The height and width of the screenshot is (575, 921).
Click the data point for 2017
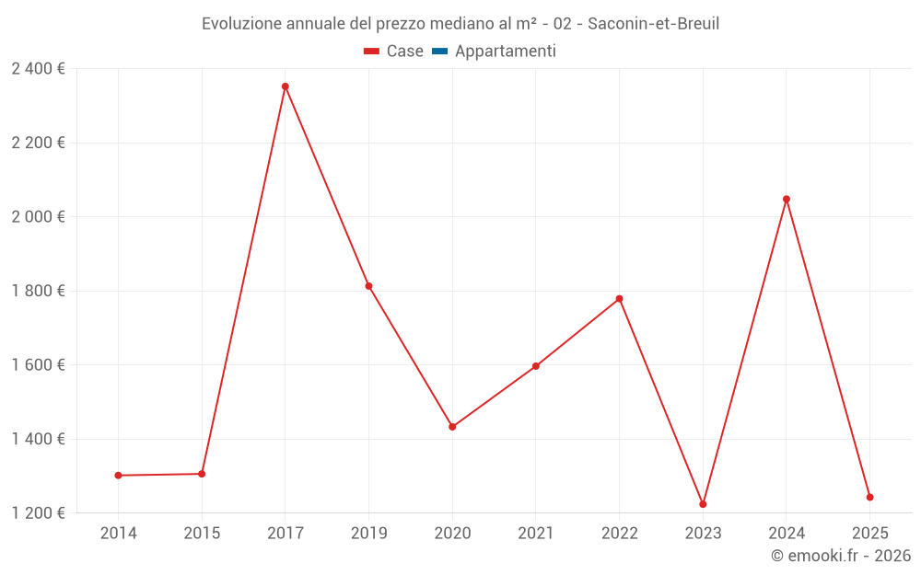click(x=286, y=86)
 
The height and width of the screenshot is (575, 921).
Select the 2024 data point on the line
click(x=787, y=199)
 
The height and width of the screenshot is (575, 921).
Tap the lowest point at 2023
click(x=703, y=504)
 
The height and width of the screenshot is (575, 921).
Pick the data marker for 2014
click(x=118, y=476)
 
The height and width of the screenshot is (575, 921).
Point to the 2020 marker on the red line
click(x=452, y=427)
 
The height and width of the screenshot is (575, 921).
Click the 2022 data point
click(x=619, y=299)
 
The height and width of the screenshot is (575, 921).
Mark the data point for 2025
click(x=869, y=498)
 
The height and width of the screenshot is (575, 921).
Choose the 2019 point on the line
click(x=368, y=286)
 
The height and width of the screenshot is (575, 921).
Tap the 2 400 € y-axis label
click(x=38, y=69)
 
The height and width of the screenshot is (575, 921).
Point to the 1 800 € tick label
click(x=38, y=291)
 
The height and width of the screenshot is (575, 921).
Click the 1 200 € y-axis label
click(x=38, y=512)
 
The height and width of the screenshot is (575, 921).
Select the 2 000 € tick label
click(x=38, y=217)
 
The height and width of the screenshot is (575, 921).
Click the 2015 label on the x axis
click(x=202, y=534)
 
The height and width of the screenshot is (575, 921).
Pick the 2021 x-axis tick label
click(x=535, y=534)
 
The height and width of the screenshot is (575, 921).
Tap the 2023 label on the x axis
click(x=703, y=534)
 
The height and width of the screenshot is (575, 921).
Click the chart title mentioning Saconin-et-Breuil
click(x=460, y=24)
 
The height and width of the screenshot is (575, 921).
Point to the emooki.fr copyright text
click(x=841, y=556)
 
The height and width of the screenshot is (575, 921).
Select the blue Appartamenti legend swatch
click(x=439, y=52)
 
